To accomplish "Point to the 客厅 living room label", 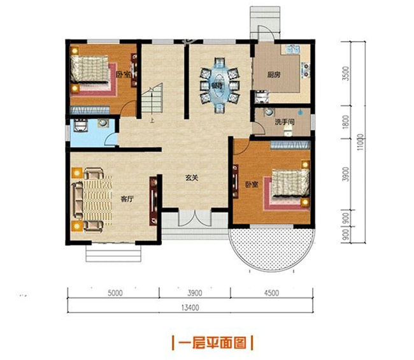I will tap(127, 199).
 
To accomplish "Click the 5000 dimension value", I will tap(115, 294).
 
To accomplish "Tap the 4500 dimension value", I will tap(271, 294).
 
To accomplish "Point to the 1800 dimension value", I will tap(346, 121).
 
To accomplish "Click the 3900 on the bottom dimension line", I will tap(194, 294).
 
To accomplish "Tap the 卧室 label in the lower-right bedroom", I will tap(252, 185).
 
